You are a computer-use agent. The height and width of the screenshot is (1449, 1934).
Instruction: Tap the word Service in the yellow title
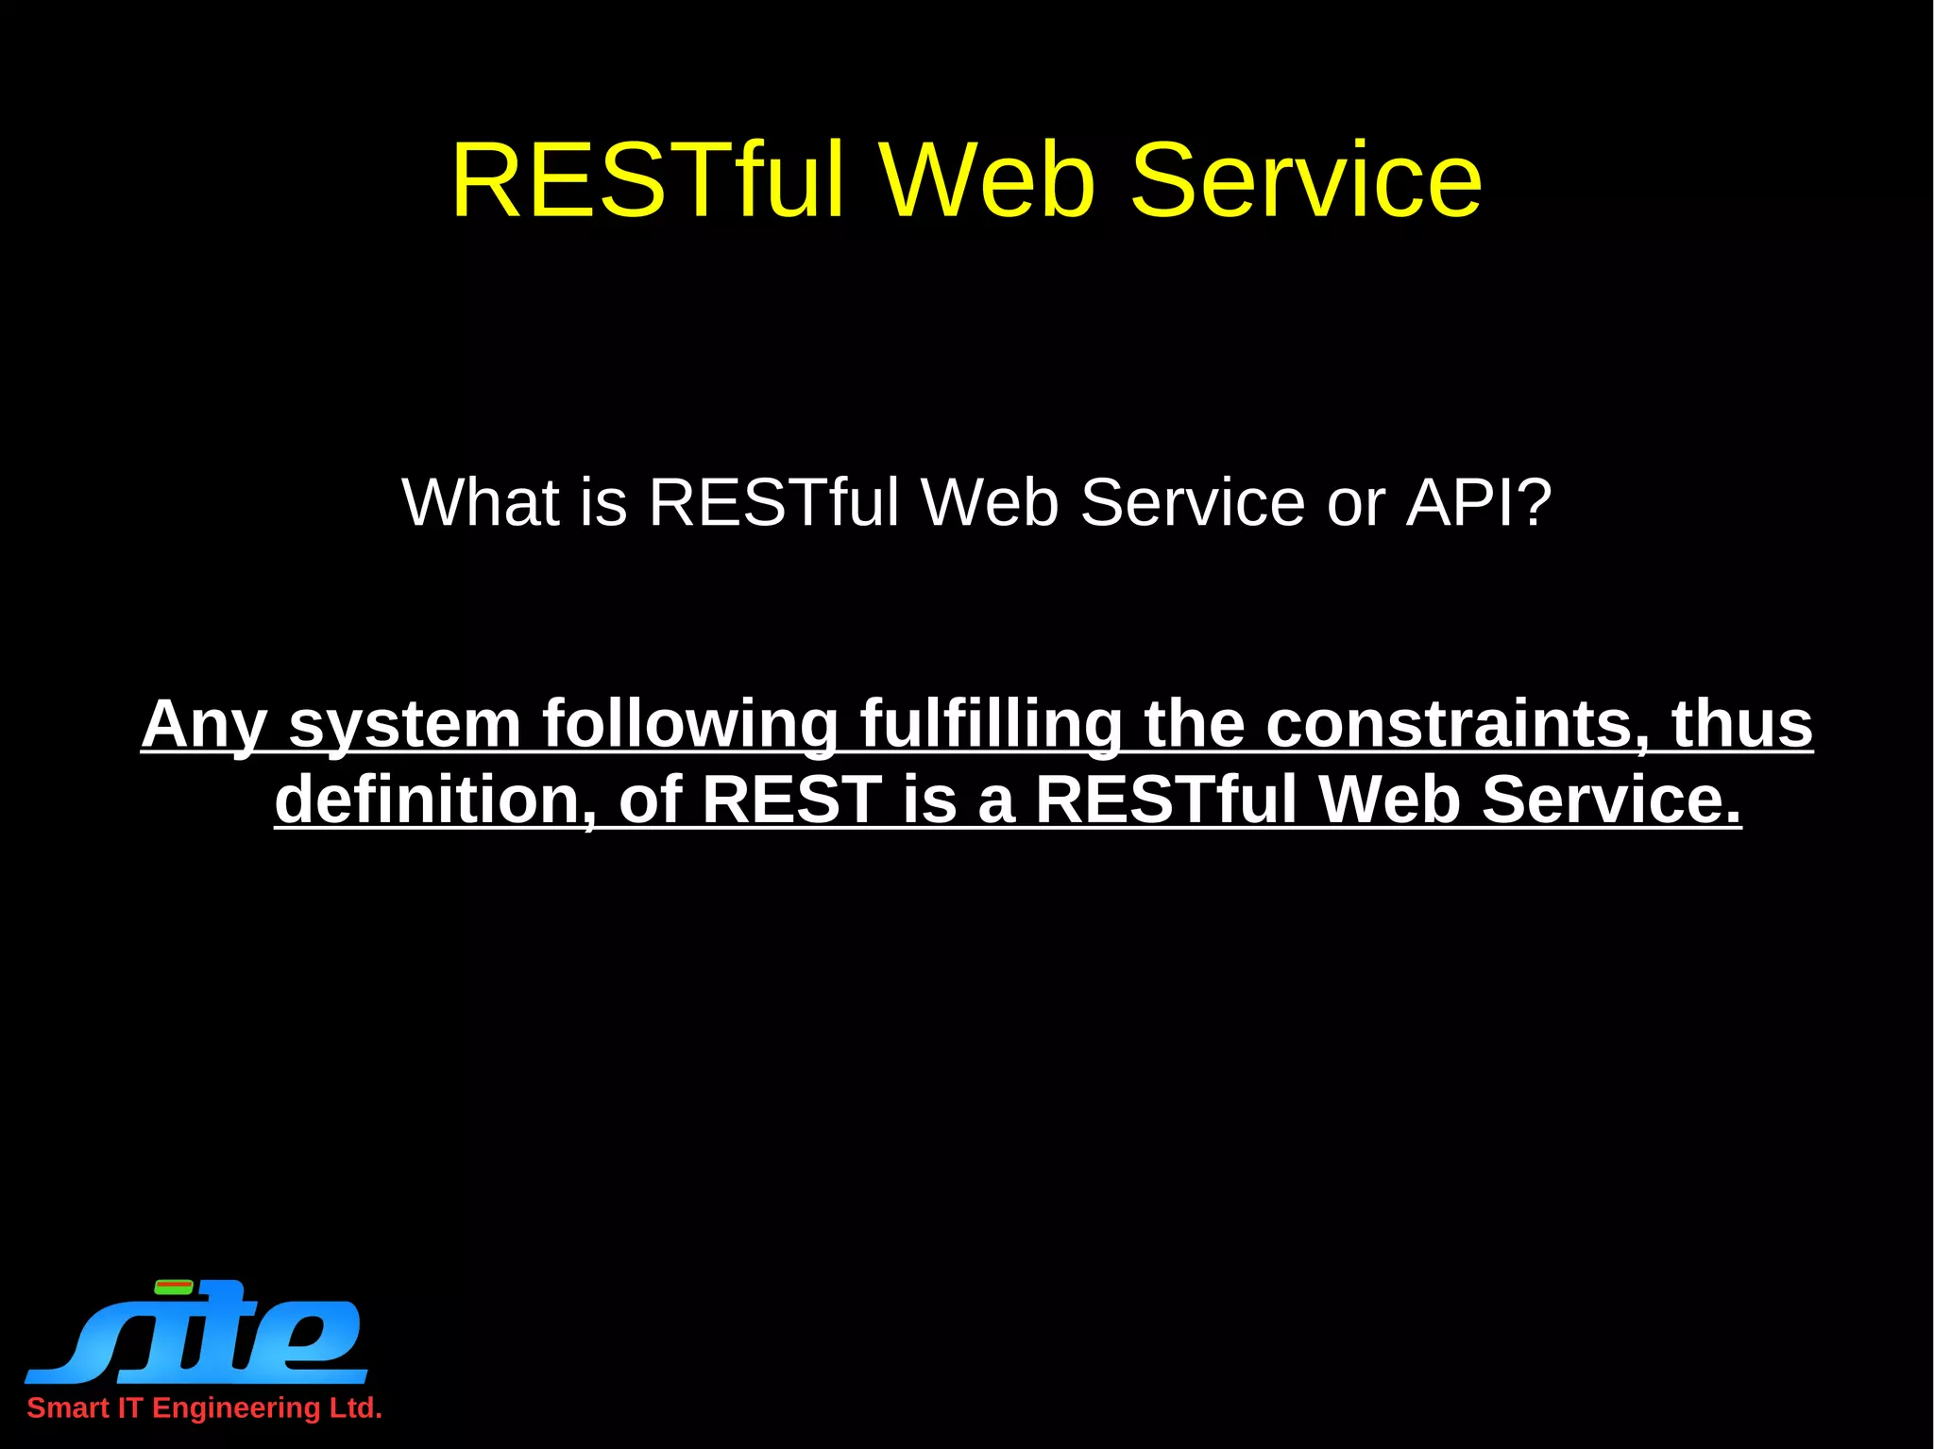coord(1306,180)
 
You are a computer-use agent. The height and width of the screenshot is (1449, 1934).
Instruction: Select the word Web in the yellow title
coord(989,180)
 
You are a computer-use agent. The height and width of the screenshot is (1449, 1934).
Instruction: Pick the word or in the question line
coord(1356,504)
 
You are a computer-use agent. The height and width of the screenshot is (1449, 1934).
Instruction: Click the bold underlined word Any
coord(204,725)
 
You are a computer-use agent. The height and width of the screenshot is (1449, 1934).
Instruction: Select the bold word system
coord(405,725)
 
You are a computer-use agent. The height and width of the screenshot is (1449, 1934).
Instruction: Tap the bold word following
coord(690,725)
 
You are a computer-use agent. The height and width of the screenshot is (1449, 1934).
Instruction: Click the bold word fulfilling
coord(991,725)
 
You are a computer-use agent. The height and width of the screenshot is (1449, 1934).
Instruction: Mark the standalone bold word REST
coord(791,800)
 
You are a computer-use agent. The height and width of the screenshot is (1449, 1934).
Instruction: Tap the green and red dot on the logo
coord(174,1286)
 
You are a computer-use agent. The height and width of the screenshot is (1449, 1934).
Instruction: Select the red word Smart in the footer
coord(68,1408)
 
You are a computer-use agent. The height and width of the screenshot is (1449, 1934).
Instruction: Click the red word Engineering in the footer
coord(236,1408)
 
